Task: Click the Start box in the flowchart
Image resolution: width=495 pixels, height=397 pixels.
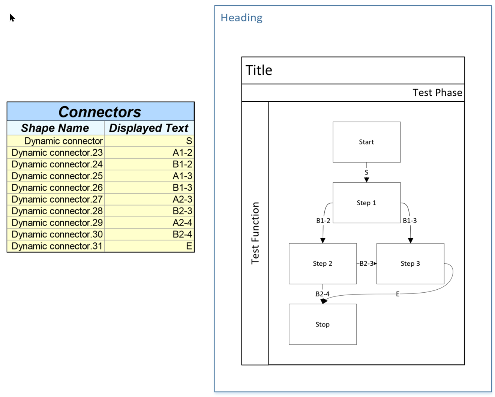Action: [x=366, y=142]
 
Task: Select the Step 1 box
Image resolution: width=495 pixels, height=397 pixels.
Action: [x=366, y=203]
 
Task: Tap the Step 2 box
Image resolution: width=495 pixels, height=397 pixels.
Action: [x=322, y=263]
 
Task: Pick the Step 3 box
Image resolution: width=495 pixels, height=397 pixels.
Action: [x=410, y=263]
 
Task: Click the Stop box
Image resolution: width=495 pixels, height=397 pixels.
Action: [x=322, y=324]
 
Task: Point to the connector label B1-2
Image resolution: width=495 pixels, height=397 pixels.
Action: [x=323, y=221]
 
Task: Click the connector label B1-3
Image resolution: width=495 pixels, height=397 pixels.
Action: [x=409, y=221]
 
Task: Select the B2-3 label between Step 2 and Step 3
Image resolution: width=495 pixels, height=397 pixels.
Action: [x=366, y=263]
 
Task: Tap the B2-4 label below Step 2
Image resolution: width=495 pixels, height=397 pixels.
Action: [x=322, y=294]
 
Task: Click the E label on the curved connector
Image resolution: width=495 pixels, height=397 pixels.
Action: [x=397, y=294]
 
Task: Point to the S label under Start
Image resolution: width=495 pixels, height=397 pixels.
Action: [x=366, y=172]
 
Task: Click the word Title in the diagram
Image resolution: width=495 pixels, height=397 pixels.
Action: [x=259, y=70]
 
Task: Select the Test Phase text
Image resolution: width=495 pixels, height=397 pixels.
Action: [x=437, y=93]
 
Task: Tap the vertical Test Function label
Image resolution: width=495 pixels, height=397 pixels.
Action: [x=255, y=233]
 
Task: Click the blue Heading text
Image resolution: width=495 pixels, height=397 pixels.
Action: [x=241, y=18]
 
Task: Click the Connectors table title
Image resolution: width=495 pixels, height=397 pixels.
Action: [x=100, y=112]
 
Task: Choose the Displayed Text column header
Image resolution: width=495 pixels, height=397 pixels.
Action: [x=148, y=128]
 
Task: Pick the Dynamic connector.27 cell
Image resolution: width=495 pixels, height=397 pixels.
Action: [x=57, y=199]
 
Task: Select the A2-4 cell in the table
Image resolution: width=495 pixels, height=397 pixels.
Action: [x=182, y=223]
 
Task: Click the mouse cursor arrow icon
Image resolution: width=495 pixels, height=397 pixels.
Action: [x=12, y=18]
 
